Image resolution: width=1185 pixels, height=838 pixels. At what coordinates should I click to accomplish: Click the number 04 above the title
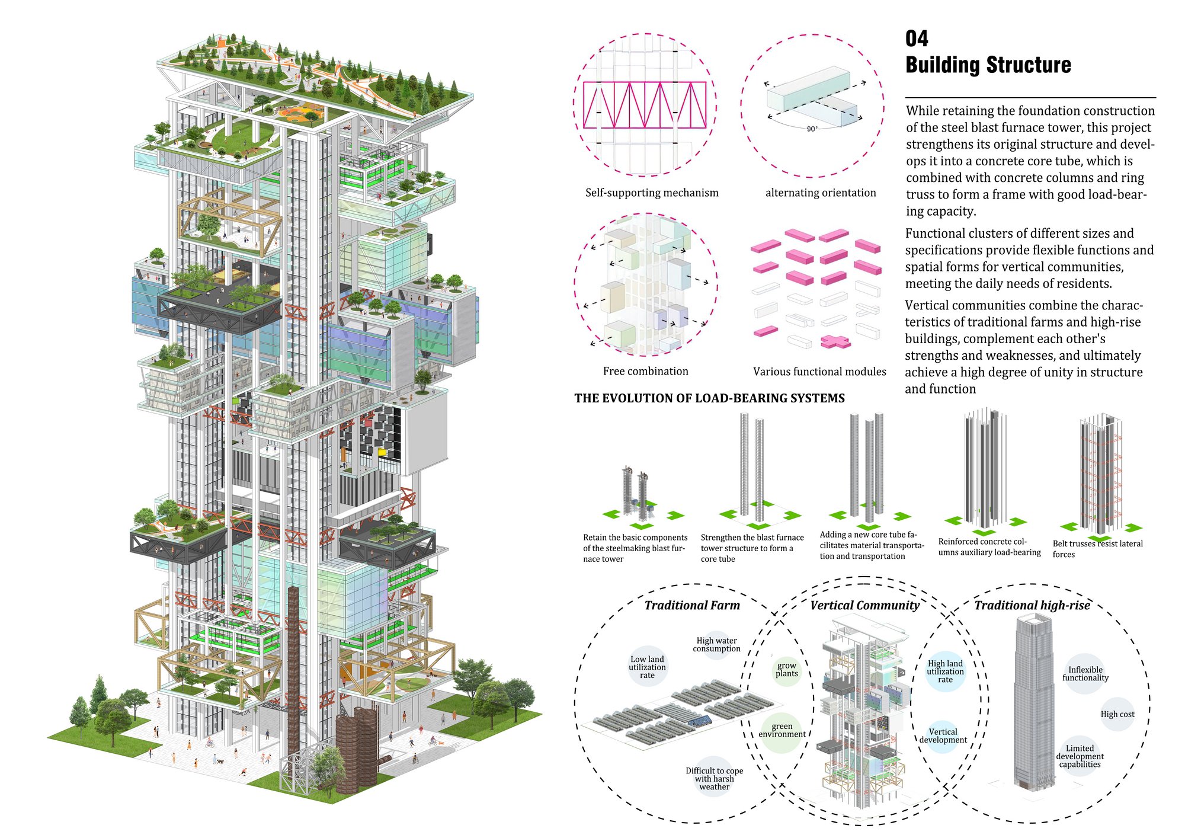tap(917, 39)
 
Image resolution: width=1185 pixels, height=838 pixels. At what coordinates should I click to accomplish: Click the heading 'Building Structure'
tap(988, 65)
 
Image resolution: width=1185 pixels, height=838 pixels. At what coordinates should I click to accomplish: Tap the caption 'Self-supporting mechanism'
tap(652, 193)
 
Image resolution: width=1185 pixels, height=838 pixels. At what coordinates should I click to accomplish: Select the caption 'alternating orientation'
tap(821, 193)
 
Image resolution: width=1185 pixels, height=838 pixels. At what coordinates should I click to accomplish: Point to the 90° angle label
tap(812, 129)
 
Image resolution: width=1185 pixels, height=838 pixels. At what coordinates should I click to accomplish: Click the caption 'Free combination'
tap(646, 371)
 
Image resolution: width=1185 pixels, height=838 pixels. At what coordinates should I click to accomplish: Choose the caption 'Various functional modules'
tap(819, 372)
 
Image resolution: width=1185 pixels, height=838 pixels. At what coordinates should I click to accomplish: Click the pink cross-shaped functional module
tap(835, 341)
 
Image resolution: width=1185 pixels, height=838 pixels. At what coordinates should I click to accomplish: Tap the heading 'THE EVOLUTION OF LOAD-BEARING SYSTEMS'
tap(710, 398)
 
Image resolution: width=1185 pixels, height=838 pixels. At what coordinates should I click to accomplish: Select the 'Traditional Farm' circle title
tap(692, 605)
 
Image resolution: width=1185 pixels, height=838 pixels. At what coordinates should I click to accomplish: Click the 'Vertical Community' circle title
tap(865, 605)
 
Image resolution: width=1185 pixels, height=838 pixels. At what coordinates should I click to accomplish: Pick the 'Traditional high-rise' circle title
tap(1032, 605)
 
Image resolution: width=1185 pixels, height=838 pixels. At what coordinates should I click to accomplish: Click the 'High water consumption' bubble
tap(717, 645)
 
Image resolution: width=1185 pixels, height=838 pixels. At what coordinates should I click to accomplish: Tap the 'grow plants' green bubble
tap(787, 670)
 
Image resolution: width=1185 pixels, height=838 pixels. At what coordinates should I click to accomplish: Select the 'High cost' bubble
tap(1117, 714)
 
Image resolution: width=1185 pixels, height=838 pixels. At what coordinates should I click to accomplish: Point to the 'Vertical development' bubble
tap(943, 735)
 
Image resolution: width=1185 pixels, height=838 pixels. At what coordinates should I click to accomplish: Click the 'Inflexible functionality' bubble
tap(1085, 674)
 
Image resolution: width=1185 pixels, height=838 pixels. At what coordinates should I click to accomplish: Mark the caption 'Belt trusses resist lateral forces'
tap(1097, 549)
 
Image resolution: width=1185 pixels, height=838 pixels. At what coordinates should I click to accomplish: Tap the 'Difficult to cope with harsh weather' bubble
tap(715, 778)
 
